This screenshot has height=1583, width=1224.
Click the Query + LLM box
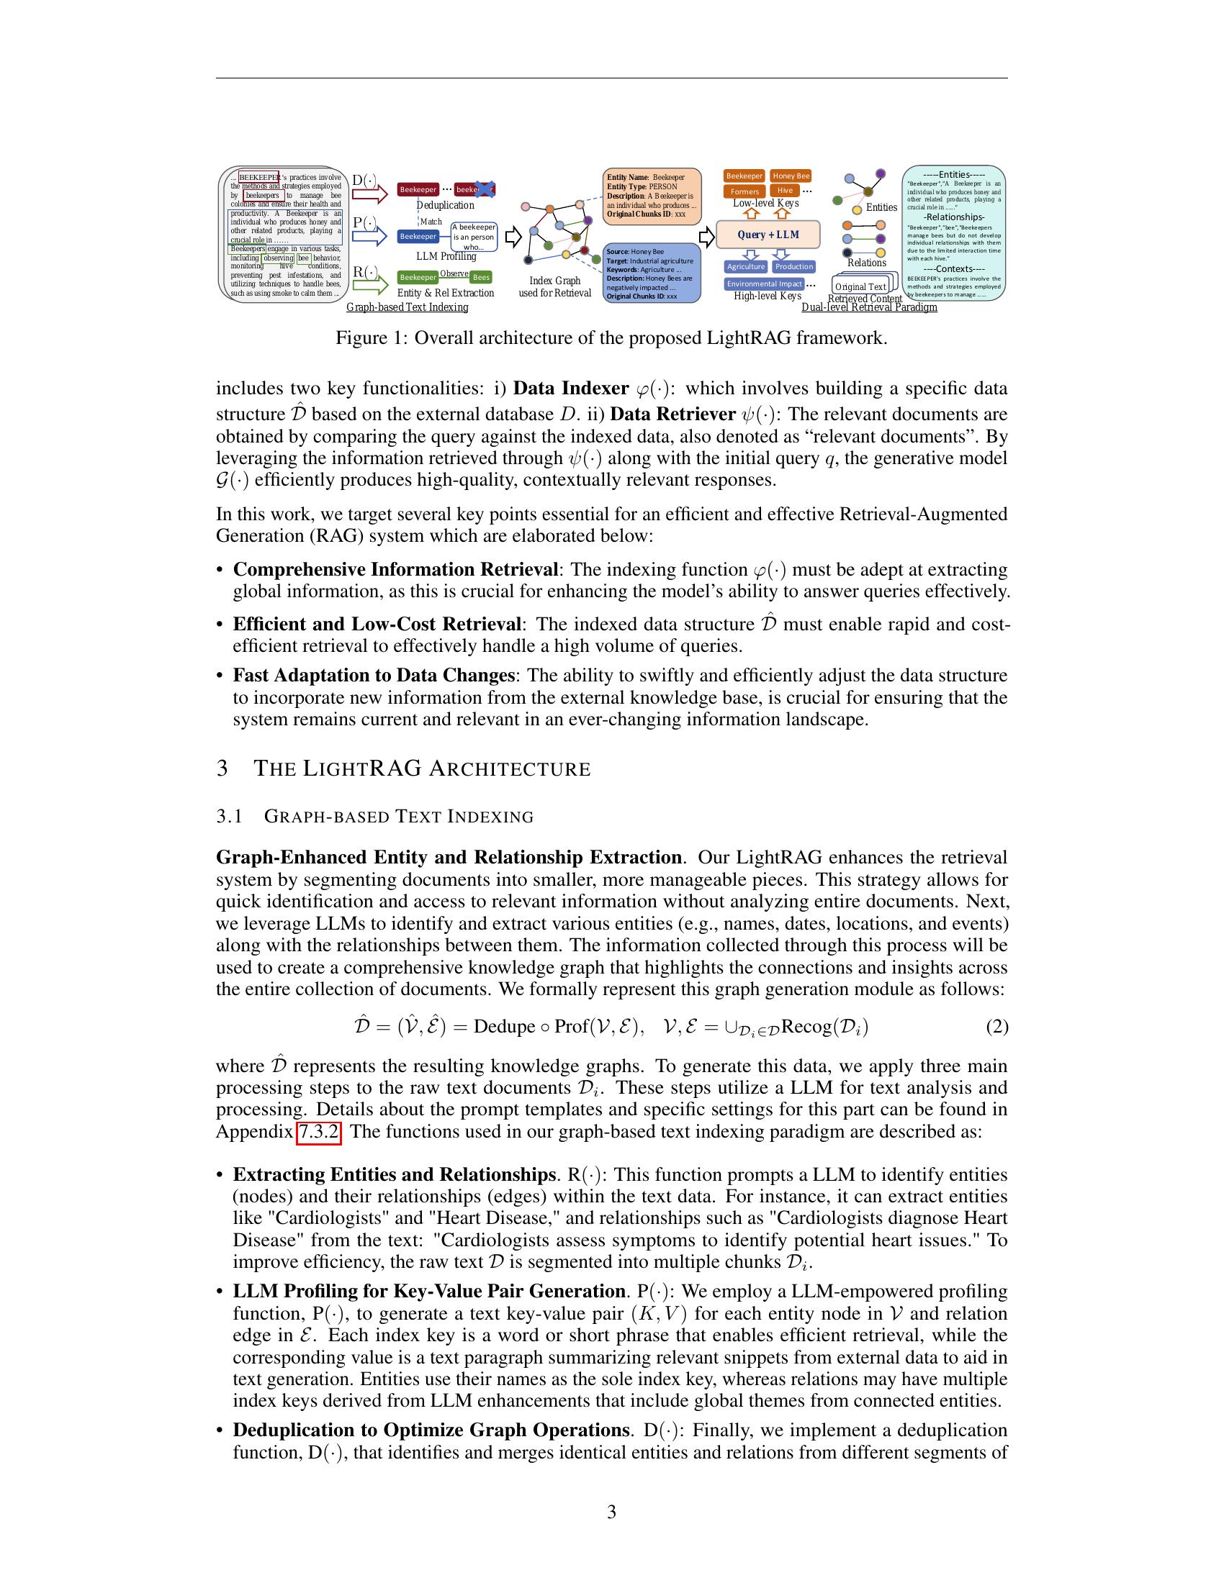pyautogui.click(x=768, y=235)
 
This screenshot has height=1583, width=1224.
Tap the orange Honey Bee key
pyautogui.click(x=791, y=176)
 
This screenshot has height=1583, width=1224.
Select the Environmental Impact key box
pyautogui.click(x=764, y=284)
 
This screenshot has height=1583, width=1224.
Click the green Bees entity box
pyautogui.click(x=481, y=278)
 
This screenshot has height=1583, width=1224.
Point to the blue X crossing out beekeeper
pyautogui.click(x=485, y=189)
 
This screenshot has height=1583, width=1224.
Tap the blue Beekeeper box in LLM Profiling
pyautogui.click(x=418, y=236)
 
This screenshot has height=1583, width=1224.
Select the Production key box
pyautogui.click(x=794, y=267)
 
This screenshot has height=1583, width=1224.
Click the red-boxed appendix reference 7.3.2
pyautogui.click(x=318, y=1132)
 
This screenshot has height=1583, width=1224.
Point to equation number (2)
pyautogui.click(x=997, y=1027)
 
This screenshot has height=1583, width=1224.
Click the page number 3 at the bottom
pyautogui.click(x=611, y=1512)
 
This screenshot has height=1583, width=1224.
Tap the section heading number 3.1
pyautogui.click(x=229, y=816)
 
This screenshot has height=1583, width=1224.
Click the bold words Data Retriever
pyautogui.click(x=672, y=414)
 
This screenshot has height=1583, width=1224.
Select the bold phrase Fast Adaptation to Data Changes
pyautogui.click(x=374, y=676)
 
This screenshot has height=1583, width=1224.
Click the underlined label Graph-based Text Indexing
pyautogui.click(x=407, y=307)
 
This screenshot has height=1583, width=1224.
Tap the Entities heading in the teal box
pyautogui.click(x=953, y=174)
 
